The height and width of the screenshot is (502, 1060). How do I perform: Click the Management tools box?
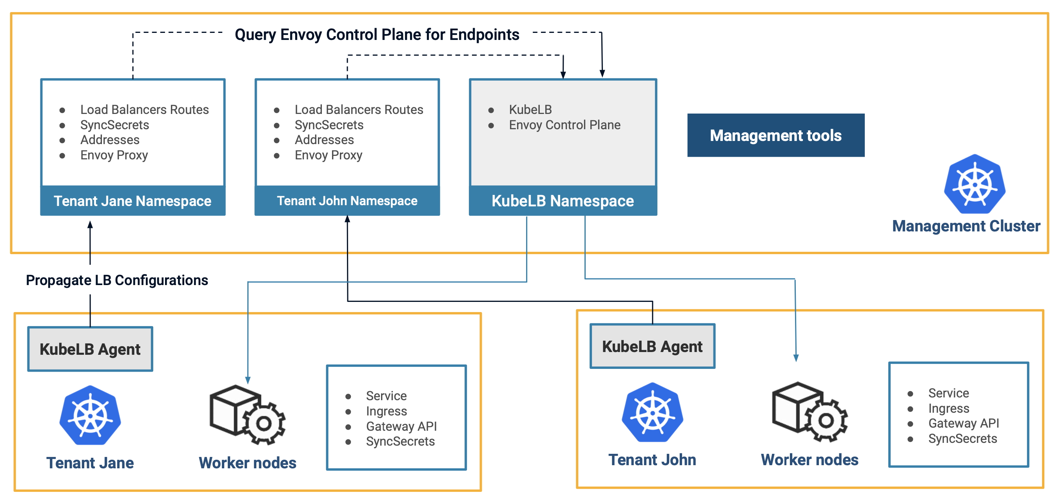[x=775, y=135]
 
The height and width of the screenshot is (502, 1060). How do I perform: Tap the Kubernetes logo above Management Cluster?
[x=975, y=184]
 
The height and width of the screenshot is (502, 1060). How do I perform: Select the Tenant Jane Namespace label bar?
[x=132, y=200]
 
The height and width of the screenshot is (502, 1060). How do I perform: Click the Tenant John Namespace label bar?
[x=347, y=200]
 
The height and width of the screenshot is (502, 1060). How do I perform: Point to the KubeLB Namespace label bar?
[x=563, y=200]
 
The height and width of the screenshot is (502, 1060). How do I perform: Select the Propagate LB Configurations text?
[x=117, y=280]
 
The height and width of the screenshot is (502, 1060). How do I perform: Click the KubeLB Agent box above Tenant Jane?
[x=90, y=349]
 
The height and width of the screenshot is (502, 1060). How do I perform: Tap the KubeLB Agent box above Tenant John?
[x=652, y=346]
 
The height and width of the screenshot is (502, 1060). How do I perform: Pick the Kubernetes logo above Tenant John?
[x=652, y=412]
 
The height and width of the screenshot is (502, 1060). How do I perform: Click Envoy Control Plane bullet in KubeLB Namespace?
[x=564, y=125]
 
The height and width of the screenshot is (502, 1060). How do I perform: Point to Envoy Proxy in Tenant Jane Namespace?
[x=114, y=155]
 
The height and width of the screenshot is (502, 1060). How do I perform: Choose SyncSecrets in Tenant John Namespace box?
[x=329, y=125]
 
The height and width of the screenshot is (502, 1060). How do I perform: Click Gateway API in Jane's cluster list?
[x=401, y=426]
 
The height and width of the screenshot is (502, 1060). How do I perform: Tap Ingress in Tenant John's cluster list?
[x=949, y=408]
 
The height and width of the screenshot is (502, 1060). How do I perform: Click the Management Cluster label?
[x=966, y=226]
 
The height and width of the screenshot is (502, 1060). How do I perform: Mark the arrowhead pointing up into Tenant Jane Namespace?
[x=90, y=224]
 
